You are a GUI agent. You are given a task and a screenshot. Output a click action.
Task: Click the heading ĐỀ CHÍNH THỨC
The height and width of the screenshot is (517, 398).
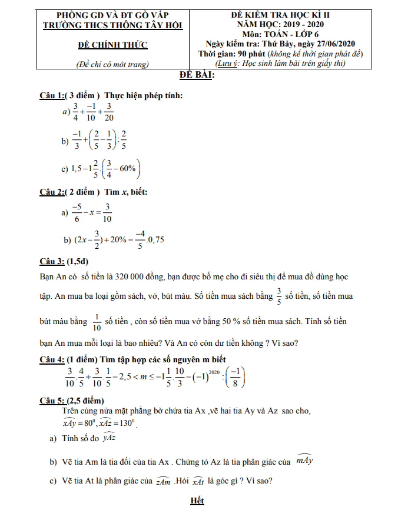(113, 45)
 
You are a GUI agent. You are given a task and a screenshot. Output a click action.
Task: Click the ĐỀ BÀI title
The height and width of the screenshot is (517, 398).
(197, 75)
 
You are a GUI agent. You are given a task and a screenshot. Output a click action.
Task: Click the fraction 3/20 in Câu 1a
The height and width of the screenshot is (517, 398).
(109, 111)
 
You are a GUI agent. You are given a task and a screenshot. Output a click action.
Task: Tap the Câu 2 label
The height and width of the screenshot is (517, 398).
(51, 192)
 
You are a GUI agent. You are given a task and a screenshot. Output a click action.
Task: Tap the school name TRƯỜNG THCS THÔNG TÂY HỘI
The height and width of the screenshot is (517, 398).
(113, 25)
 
